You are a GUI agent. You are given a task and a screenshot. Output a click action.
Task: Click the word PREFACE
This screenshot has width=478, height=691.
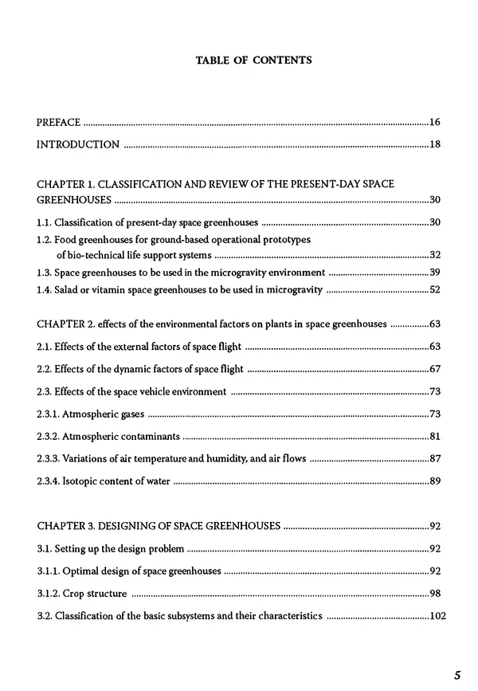pyautogui.click(x=59, y=122)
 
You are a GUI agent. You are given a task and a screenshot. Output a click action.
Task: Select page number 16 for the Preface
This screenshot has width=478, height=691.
pyautogui.click(x=434, y=122)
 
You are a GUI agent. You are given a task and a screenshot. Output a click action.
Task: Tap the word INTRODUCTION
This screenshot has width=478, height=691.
pyautogui.click(x=78, y=144)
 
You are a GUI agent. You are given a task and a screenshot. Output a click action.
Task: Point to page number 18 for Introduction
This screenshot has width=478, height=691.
pyautogui.click(x=434, y=144)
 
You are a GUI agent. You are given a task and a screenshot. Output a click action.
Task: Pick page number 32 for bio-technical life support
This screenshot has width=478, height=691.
pyautogui.click(x=434, y=255)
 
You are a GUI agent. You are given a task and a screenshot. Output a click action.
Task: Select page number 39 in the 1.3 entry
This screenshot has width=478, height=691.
pyautogui.click(x=434, y=273)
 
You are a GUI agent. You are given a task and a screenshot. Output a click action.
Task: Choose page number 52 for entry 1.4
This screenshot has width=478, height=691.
pyautogui.click(x=434, y=290)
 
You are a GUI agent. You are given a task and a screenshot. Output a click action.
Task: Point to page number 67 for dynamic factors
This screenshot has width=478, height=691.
pyautogui.click(x=434, y=370)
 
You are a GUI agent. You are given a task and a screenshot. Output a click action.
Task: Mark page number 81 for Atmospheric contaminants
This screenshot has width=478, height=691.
pyautogui.click(x=434, y=437)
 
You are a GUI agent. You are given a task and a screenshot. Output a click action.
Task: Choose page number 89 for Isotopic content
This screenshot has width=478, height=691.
pyautogui.click(x=434, y=481)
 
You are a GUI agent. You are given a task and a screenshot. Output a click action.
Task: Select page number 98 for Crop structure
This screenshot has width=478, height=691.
pyautogui.click(x=434, y=594)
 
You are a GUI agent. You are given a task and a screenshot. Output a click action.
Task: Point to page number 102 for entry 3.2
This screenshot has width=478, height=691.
pyautogui.click(x=432, y=616)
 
